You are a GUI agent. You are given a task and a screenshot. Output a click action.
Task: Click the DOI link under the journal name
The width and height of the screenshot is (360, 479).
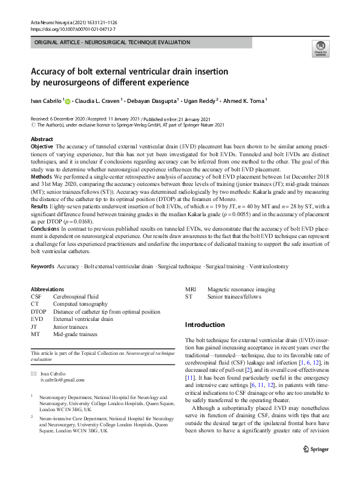[68, 28]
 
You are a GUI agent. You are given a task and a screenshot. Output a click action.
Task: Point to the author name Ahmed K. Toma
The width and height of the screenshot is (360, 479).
[244, 102]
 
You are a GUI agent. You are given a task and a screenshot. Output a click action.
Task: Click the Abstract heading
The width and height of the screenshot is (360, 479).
[42, 139]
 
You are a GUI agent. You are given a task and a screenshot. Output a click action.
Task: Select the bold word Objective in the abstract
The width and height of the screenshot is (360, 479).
[42, 147]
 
